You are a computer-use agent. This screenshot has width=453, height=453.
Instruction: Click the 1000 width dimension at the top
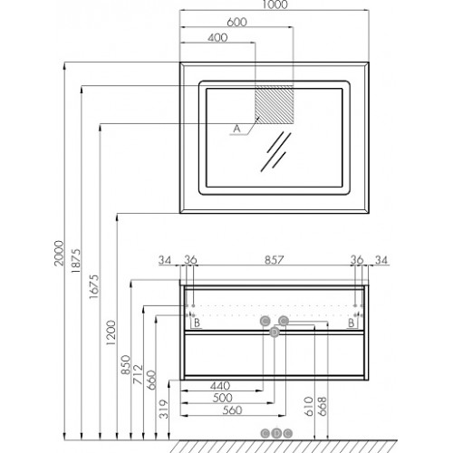[275, 5]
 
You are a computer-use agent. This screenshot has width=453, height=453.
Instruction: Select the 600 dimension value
[236, 22]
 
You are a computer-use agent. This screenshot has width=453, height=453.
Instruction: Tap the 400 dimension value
[217, 38]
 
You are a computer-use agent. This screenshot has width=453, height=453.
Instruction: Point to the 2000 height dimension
[59, 253]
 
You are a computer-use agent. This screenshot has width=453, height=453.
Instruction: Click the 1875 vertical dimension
[76, 261]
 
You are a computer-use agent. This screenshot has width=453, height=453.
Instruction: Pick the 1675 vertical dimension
[94, 286]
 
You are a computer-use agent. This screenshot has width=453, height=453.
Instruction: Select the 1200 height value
[111, 333]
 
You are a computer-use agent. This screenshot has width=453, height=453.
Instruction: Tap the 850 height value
[126, 365]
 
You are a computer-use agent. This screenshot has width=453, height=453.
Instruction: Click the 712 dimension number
[138, 374]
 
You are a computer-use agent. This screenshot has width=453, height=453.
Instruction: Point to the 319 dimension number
[164, 410]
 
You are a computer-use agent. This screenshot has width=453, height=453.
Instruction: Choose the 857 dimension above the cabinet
[275, 260]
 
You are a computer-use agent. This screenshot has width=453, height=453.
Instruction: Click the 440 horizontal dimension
[220, 386]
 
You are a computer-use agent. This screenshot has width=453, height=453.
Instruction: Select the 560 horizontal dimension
[233, 410]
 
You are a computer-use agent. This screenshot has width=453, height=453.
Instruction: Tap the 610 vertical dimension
[309, 407]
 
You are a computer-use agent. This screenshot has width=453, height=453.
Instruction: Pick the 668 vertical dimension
[323, 407]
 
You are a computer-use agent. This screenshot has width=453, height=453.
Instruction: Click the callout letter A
[237, 129]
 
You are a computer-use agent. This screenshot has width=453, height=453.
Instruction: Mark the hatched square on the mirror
[275, 104]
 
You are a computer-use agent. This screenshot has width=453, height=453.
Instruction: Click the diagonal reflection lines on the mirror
[276, 151]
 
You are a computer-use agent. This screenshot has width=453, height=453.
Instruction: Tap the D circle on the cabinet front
[275, 333]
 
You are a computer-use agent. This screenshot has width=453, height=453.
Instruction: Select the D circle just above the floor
[276, 433]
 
